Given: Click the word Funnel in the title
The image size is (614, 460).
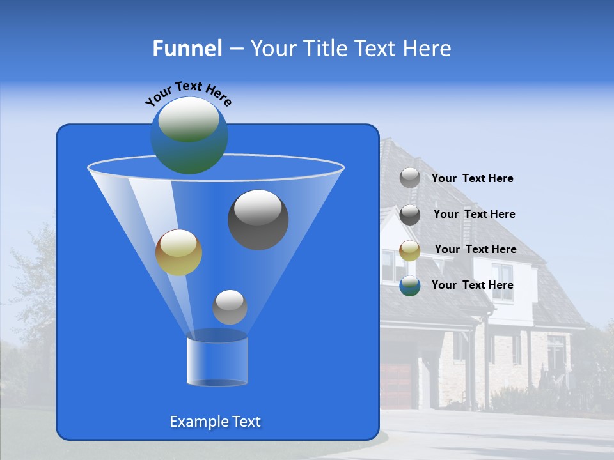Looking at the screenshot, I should click(187, 49).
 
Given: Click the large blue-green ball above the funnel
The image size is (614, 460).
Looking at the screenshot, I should click(189, 135).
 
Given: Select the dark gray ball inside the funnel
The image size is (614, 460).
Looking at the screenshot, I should click(258, 220).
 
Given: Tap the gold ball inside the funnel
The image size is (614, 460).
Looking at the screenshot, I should click(178, 252).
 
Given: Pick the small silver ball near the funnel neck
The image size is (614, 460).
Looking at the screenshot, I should click(230, 307).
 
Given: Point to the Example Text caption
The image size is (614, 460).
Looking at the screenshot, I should click(215, 422).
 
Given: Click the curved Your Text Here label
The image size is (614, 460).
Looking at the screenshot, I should click(188, 93).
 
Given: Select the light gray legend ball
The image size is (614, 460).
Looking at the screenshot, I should click(410, 178).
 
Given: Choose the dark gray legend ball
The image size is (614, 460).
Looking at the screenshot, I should click(410, 215).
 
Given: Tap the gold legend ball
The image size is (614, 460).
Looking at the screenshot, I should click(410, 250).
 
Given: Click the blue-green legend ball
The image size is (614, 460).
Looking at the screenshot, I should click(410, 286).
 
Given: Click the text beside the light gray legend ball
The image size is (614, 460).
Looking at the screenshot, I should click(472, 179).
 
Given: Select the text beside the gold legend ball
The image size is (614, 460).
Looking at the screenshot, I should click(475, 249).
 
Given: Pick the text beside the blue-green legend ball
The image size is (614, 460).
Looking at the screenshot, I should click(472, 285).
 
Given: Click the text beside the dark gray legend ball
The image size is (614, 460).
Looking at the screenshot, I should click(474, 214).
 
